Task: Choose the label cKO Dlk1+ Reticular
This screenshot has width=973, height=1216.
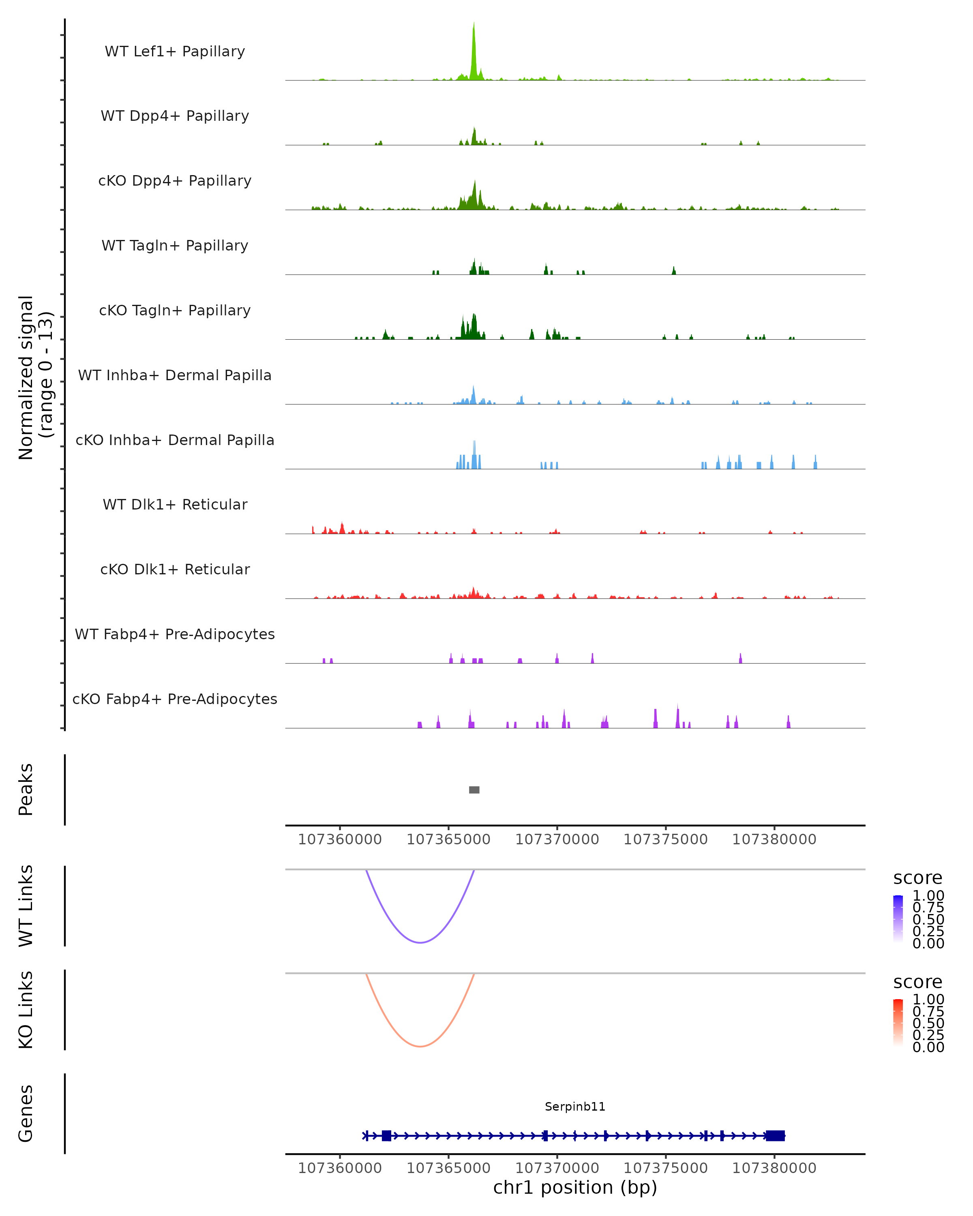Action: point(175,569)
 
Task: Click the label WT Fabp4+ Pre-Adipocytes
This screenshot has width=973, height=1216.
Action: point(175,634)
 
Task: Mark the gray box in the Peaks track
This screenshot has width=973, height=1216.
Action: point(474,790)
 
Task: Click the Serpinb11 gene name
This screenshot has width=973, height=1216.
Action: point(575,1107)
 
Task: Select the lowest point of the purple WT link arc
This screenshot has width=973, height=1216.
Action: point(420,942)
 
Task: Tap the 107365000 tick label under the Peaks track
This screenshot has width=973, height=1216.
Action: point(448,840)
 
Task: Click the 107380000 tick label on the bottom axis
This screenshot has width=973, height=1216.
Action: point(774,1168)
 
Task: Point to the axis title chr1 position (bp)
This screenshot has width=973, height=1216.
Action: point(575,1188)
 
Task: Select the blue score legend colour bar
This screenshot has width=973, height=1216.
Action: point(898,918)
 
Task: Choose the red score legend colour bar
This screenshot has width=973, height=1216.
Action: point(898,1022)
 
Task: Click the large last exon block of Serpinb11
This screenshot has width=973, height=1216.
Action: point(776,1136)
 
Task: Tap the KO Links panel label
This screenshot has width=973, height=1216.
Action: point(26,1010)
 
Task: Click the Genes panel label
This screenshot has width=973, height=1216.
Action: point(26,1113)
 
